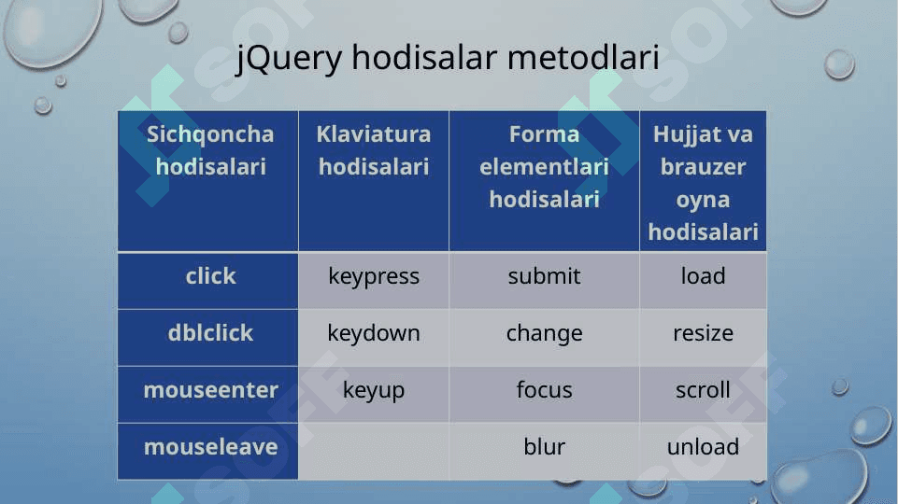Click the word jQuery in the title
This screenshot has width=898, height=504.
click(x=290, y=59)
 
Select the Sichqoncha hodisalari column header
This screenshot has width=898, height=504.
click(x=207, y=181)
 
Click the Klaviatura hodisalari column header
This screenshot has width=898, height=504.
click(x=374, y=181)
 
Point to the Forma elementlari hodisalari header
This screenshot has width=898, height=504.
click(x=544, y=181)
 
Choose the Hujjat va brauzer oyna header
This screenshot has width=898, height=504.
click(x=703, y=181)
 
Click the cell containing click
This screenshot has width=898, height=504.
click(x=207, y=281)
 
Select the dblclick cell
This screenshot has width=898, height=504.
click(x=207, y=338)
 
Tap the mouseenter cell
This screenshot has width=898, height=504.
click(x=207, y=394)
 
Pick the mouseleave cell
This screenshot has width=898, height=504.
click(x=207, y=451)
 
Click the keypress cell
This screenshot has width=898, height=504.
click(x=374, y=281)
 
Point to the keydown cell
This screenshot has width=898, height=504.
click(x=374, y=338)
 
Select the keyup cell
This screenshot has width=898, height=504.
click(x=374, y=394)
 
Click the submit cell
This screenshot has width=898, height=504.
click(x=544, y=281)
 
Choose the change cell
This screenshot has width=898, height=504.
click(x=544, y=338)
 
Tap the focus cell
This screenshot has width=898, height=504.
click(x=544, y=394)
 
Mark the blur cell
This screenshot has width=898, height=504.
click(x=544, y=451)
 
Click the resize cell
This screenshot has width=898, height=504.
click(x=703, y=338)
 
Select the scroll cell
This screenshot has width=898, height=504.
click(x=703, y=394)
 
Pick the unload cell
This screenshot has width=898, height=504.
click(x=703, y=451)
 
